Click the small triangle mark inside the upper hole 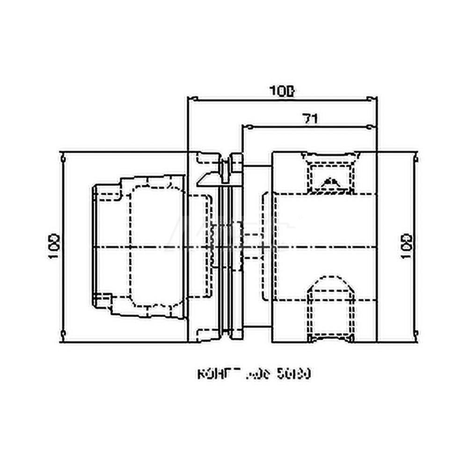click(331, 181)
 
